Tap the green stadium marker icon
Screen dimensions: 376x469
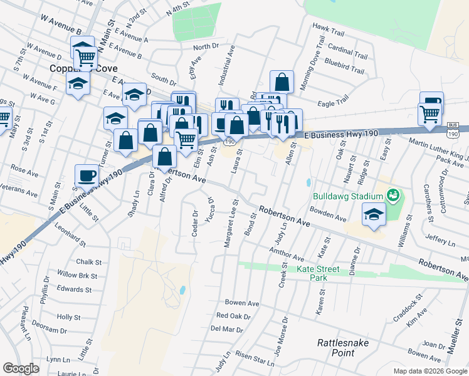(393, 196)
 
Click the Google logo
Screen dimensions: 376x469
(21, 368)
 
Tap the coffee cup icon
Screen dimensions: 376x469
(87, 175)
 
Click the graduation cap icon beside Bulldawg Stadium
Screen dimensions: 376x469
(373, 214)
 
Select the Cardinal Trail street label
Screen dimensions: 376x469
(347, 48)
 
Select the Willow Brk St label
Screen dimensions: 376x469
(77, 275)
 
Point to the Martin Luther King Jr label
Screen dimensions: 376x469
(439, 150)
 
